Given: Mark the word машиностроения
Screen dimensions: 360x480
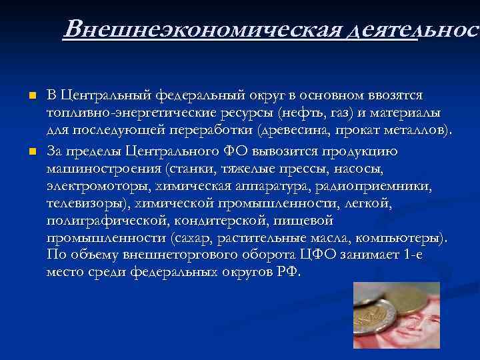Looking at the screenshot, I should [105, 167].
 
